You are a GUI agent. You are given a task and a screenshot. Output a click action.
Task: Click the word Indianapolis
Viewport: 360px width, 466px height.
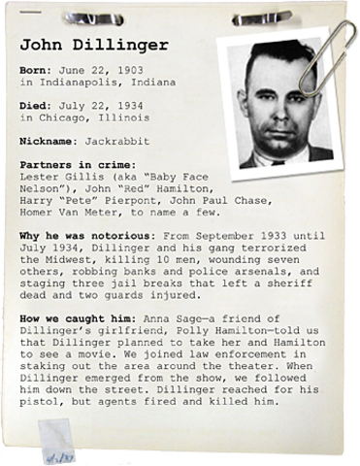click(x=80, y=85)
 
